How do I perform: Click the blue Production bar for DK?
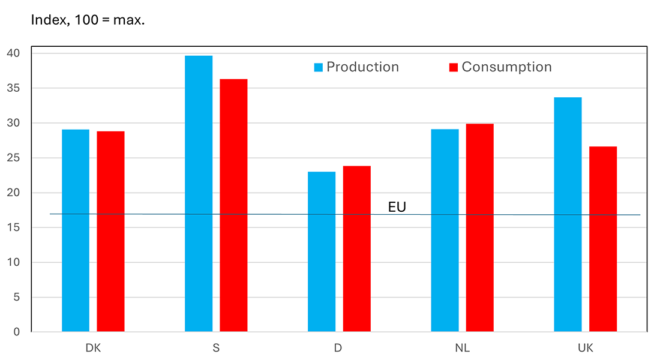(x=76, y=230)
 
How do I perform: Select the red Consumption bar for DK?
(x=110, y=232)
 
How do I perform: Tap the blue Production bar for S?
(x=199, y=193)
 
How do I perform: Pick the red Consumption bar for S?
(x=233, y=205)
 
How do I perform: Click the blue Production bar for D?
(x=322, y=252)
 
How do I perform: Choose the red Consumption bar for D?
(x=356, y=249)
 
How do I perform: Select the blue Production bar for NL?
(x=445, y=230)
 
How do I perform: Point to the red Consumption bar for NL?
(x=479, y=228)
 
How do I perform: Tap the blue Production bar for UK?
(x=568, y=214)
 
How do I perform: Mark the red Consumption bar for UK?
(x=602, y=239)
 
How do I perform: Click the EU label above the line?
(x=397, y=208)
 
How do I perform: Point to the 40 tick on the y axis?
(x=14, y=53)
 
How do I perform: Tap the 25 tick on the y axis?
(x=14, y=158)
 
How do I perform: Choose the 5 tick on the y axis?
(x=16, y=297)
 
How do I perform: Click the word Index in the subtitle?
(x=46, y=20)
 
